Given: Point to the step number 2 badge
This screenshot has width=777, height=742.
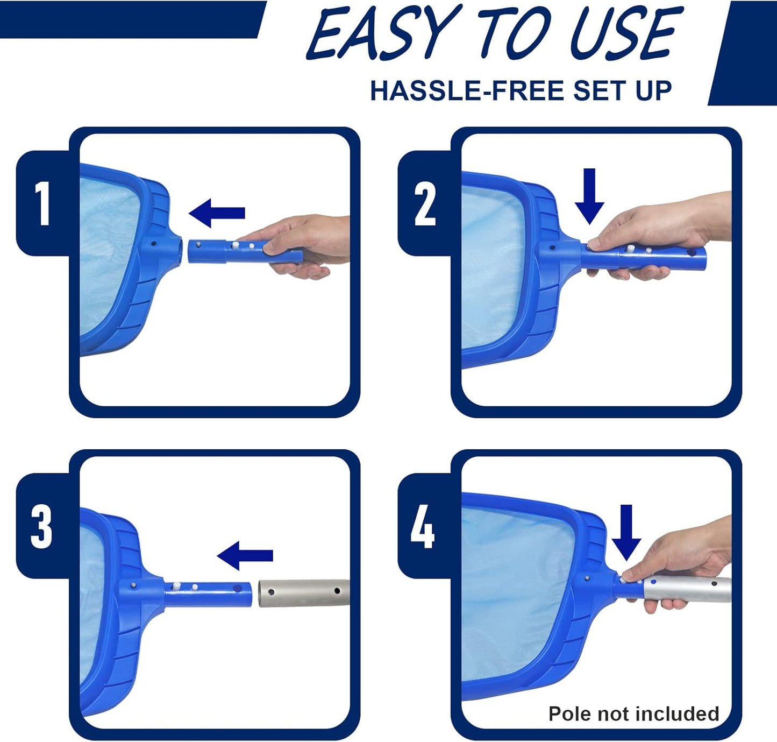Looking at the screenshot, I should tap(424, 203).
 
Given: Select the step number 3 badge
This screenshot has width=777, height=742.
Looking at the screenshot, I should tap(42, 526).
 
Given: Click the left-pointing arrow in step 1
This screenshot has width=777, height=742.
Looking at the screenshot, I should tap(217, 213).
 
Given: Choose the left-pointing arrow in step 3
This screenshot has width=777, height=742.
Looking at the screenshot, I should tap(245, 556).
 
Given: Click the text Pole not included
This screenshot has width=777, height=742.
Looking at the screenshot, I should tap(633, 713).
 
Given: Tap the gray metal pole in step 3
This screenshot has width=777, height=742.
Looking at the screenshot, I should tap(304, 592).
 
